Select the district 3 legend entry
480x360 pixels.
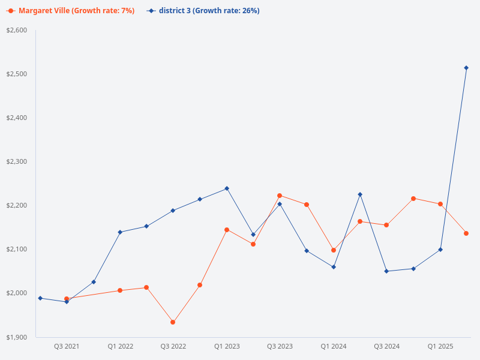204,11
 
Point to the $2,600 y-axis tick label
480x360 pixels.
16,30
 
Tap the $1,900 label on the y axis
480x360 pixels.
16,337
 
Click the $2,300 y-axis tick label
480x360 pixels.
16,161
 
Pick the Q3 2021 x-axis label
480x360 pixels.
67,347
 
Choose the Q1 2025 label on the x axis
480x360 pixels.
440,347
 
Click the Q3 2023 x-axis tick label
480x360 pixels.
280,347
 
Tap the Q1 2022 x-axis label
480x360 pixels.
120,347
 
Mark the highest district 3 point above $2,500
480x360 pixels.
466,68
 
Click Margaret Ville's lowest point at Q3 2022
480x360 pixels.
173,322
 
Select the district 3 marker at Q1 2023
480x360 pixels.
227,188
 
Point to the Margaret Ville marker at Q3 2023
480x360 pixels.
280,196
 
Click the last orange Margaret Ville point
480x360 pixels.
466,233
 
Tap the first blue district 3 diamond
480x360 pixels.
40,298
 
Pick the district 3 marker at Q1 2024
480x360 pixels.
334,267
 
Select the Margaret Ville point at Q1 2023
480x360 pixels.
227,230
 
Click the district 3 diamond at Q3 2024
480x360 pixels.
386,271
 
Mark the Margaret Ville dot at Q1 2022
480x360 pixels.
120,290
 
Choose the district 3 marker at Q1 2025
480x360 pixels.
440,250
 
